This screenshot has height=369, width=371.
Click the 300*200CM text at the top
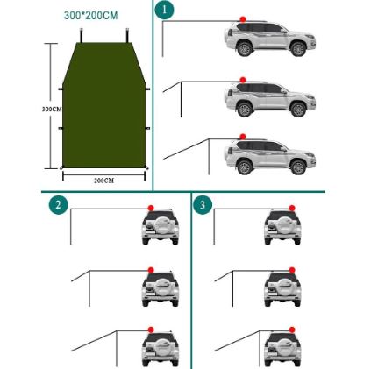point(90,16)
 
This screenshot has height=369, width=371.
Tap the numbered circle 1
point(164,10)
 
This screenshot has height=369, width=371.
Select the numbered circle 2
point(58,205)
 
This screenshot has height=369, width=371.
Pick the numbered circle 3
point(203,205)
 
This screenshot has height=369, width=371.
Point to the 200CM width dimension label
point(103,180)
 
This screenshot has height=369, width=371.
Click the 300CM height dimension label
point(52,109)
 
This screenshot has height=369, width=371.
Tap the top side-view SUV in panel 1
point(269,40)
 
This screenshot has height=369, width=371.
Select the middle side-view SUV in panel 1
point(269,99)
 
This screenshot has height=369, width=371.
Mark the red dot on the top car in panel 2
point(152,208)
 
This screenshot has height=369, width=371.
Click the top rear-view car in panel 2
point(160,227)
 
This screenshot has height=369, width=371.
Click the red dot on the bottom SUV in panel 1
point(242,138)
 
